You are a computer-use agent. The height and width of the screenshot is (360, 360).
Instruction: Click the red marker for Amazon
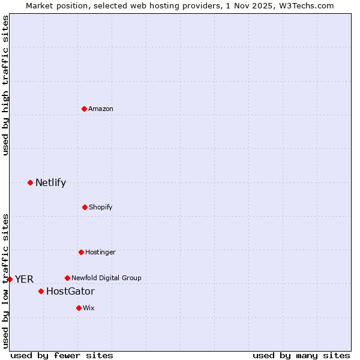pos(84,109)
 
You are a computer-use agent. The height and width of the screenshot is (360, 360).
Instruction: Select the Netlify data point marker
pos(30,182)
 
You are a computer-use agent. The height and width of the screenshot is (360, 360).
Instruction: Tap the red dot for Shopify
pos(85,207)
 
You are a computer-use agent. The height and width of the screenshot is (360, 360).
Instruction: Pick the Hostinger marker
pos(81,252)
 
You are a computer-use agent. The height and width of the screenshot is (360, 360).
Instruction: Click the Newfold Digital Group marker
pos(67,278)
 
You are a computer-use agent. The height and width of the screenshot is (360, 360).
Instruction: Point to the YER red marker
pos(10,279)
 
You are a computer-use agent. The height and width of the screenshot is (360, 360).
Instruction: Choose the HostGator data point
pos(41,291)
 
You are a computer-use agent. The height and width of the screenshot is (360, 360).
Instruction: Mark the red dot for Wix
pos(79,308)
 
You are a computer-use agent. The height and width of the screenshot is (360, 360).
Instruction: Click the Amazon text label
pos(101,109)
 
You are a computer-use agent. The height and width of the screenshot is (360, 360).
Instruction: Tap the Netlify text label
pos(50,183)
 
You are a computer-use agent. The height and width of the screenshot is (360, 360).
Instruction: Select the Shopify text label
pos(101,208)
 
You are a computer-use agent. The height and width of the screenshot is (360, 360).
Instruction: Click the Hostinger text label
pos(100,253)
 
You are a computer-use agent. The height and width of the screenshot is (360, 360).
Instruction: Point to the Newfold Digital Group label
pos(106,278)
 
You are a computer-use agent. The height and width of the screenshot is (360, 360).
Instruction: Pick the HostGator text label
pos(70,292)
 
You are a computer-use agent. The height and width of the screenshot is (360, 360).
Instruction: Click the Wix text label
pos(89,308)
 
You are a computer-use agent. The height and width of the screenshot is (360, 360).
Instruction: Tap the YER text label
pos(24,280)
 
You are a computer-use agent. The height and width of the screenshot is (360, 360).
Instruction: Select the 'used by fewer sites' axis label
pos(62,356)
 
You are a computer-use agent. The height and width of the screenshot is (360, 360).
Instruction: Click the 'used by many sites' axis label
pos(301,356)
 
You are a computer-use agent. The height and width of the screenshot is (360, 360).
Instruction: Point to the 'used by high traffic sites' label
pos(5,85)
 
